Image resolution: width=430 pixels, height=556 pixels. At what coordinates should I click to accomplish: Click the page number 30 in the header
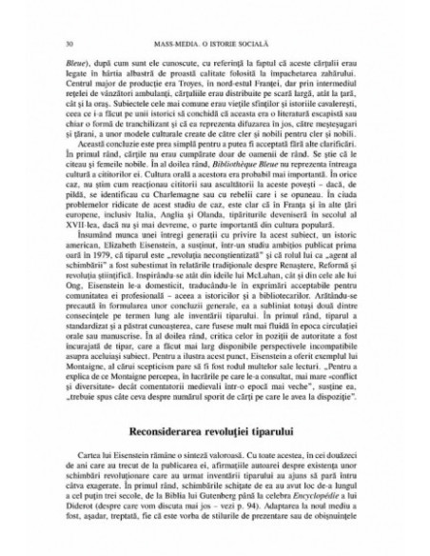pyautogui.click(x=68, y=44)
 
